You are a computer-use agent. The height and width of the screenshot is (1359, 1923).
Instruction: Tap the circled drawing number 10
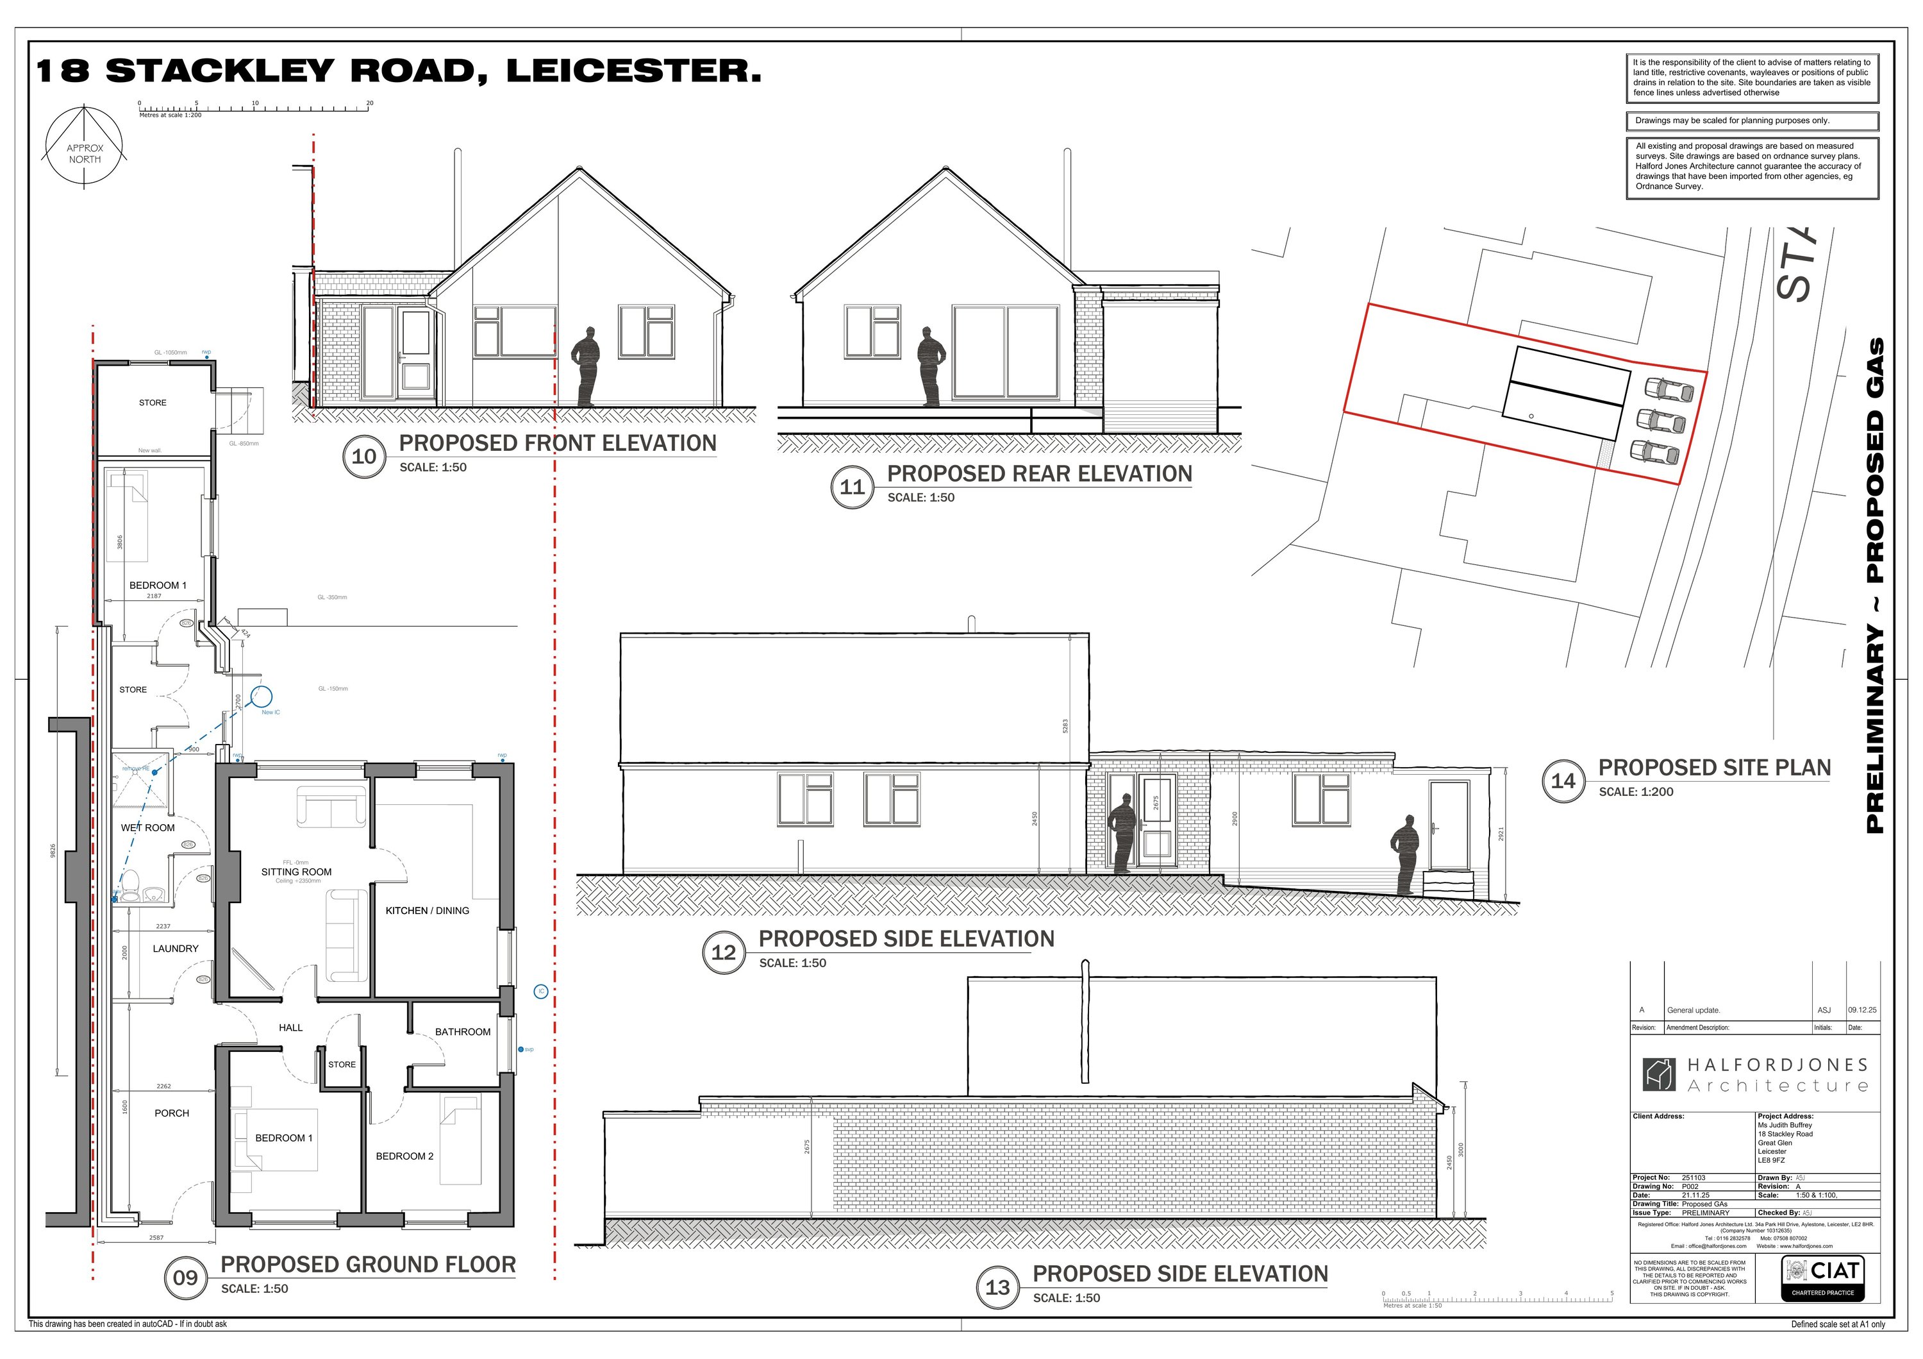pyautogui.click(x=363, y=457)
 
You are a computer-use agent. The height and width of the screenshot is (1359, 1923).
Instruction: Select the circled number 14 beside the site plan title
pyautogui.click(x=1563, y=781)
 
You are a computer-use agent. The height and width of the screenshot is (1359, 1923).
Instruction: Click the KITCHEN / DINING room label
pyautogui.click(x=427, y=911)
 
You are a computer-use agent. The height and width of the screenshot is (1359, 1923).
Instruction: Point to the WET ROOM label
pyautogui.click(x=147, y=828)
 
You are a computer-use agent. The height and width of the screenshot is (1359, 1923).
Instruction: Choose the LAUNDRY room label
pyautogui.click(x=175, y=949)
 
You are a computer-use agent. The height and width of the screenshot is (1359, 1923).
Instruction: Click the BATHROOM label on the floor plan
pyautogui.click(x=462, y=1032)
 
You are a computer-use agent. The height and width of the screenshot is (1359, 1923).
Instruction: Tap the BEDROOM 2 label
pyautogui.click(x=404, y=1156)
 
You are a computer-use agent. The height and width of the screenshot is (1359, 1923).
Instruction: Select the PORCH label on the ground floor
pyautogui.click(x=172, y=1113)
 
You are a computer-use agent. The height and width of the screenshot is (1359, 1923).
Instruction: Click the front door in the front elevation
pyautogui.click(x=415, y=351)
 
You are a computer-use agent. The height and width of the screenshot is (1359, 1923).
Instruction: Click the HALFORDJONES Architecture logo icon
pyautogui.click(x=1658, y=1075)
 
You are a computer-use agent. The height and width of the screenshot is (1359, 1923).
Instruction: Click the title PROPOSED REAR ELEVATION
pyautogui.click(x=1038, y=474)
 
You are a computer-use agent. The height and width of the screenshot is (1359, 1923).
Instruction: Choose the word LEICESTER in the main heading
pyautogui.click(x=633, y=71)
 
